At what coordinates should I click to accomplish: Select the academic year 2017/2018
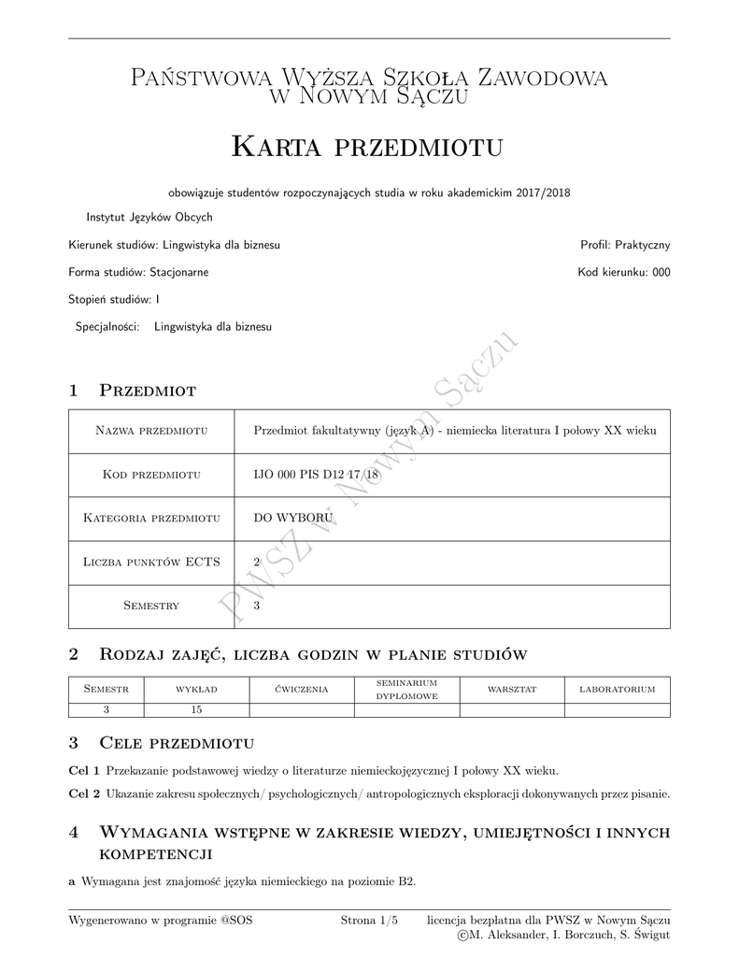click(547, 193)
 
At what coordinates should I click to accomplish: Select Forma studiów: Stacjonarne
click(138, 273)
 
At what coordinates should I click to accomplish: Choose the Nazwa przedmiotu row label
click(151, 431)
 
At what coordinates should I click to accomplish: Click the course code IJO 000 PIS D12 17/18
click(316, 475)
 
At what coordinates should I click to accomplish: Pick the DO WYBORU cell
click(293, 518)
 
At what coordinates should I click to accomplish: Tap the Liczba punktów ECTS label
click(151, 562)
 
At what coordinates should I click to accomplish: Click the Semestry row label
click(151, 606)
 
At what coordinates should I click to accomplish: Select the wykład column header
click(196, 690)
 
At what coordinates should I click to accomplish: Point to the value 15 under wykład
click(196, 709)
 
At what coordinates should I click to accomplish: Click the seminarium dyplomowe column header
click(406, 690)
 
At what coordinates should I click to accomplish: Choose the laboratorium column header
click(617, 690)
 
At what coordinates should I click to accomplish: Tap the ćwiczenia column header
click(302, 690)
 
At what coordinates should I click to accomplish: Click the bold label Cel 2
click(85, 794)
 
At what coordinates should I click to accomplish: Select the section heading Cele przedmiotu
click(177, 744)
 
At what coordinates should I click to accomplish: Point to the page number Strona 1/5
click(369, 921)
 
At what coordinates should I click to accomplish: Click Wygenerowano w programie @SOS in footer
click(161, 921)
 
